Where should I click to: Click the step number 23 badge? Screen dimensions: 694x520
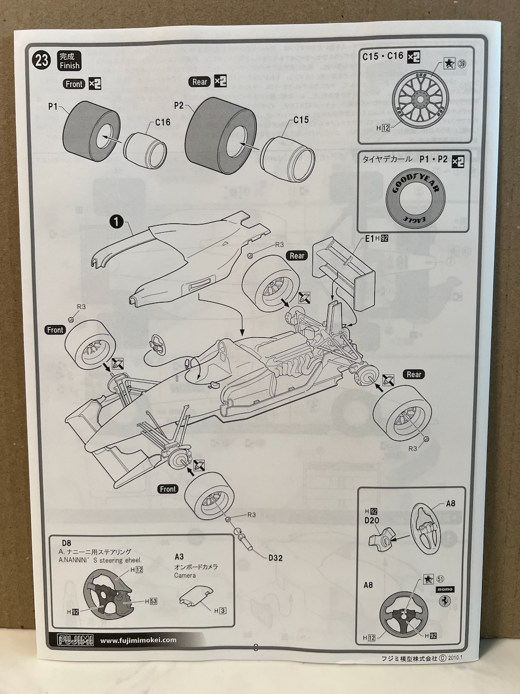[x=43, y=60]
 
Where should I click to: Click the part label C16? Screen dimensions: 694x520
[x=162, y=123]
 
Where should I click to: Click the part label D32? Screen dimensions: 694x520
[x=275, y=557]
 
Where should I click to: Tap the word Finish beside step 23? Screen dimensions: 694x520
[x=69, y=66]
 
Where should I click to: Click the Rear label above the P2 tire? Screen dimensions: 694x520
[x=200, y=82]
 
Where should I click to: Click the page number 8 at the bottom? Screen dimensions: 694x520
[x=255, y=647]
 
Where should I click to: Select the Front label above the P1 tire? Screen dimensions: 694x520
[x=74, y=84]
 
